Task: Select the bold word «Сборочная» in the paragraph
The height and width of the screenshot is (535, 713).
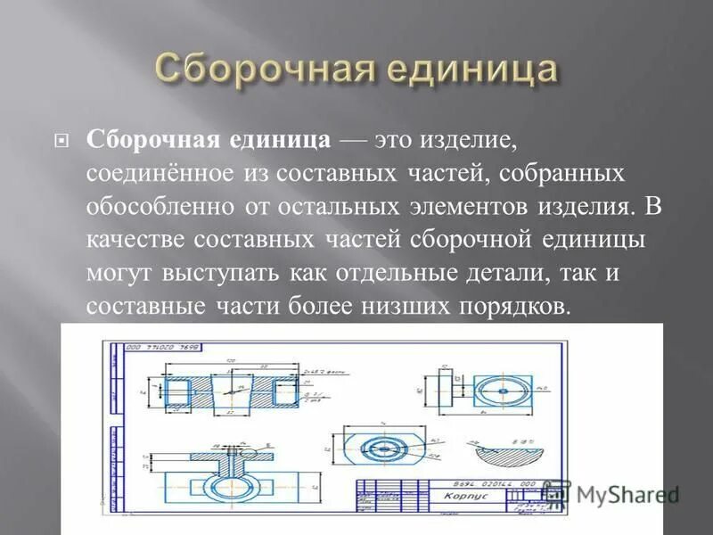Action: pos(143,139)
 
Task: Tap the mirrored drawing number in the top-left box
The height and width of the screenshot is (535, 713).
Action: pos(162,346)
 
